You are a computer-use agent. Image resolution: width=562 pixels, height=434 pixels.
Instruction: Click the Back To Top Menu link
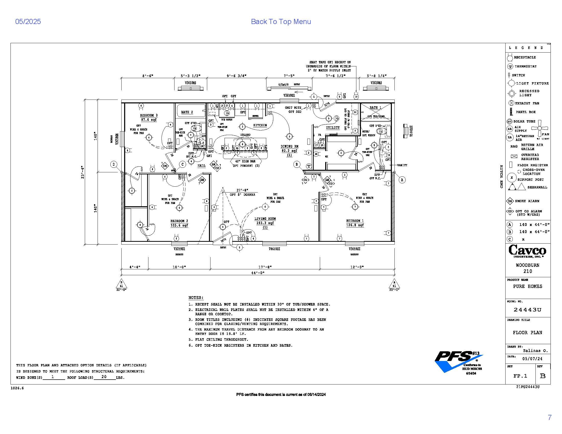click(x=281, y=22)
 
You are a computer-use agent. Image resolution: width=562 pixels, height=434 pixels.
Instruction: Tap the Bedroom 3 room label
click(x=149, y=115)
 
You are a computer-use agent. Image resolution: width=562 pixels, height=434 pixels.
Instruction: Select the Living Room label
click(x=265, y=219)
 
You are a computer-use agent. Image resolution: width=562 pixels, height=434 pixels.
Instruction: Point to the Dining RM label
click(x=289, y=146)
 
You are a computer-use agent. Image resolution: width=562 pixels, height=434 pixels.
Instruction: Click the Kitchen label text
click(x=260, y=125)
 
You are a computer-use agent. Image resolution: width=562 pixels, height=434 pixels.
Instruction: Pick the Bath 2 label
click(x=187, y=112)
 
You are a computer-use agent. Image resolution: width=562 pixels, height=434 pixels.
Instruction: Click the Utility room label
click(x=333, y=128)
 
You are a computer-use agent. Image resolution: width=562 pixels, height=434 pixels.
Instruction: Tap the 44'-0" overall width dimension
click(x=258, y=273)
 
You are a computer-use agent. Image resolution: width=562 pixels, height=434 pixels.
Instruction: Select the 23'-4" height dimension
click(x=83, y=172)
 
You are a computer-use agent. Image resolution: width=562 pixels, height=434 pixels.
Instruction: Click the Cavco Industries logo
click(x=527, y=251)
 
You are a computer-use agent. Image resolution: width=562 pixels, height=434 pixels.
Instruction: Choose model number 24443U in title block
click(x=528, y=310)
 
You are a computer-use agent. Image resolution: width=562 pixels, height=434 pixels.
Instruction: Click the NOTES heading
click(x=196, y=298)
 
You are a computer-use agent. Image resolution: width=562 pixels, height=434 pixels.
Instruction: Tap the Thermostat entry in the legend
click(x=525, y=66)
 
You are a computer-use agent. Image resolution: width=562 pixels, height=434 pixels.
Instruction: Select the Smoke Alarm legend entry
click(x=526, y=201)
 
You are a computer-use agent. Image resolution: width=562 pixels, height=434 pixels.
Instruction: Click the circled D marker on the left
click(x=114, y=164)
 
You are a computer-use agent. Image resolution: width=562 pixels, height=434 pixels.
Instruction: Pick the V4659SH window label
click(x=274, y=249)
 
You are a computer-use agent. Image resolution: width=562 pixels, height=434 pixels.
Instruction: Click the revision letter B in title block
click(x=543, y=376)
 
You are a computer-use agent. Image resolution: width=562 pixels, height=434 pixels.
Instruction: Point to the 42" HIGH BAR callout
click(x=245, y=161)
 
